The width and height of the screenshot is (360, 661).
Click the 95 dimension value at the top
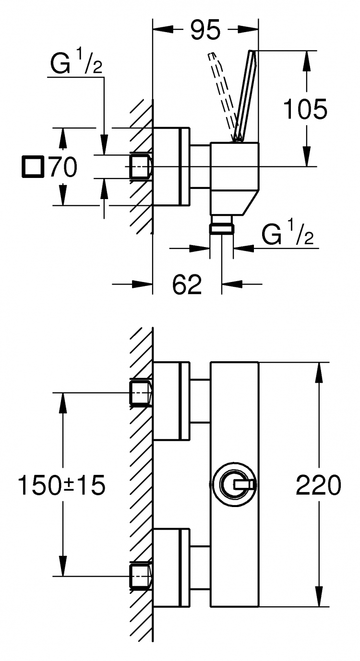(205, 30)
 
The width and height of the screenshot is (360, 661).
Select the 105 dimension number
(305, 109)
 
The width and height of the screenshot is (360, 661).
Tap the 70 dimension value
(63, 167)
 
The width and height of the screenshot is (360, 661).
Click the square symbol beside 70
(33, 167)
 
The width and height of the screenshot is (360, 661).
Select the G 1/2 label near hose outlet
(288, 233)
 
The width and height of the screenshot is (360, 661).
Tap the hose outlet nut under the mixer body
(221, 228)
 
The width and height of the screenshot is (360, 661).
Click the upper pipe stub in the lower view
(141, 392)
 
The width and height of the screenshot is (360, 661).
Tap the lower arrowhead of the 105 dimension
(306, 156)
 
